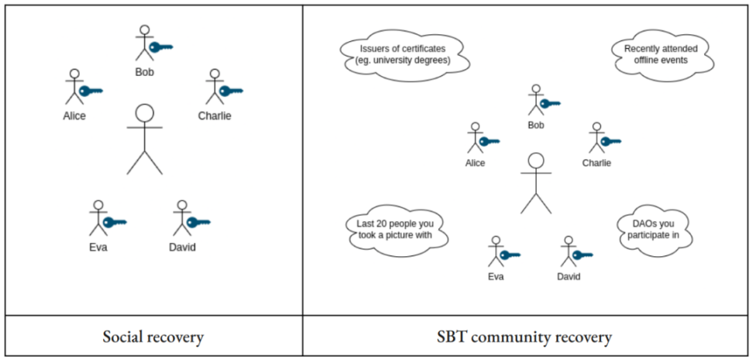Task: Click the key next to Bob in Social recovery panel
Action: click(x=160, y=47)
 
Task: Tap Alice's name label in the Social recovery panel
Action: click(x=74, y=116)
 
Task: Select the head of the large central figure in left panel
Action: click(x=144, y=113)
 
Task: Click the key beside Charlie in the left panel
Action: click(x=231, y=91)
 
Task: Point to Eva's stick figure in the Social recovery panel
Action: click(x=97, y=218)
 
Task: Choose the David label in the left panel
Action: click(x=182, y=248)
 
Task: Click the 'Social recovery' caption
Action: click(x=153, y=338)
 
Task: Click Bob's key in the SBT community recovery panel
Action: click(x=550, y=103)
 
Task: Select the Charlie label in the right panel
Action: click(x=597, y=163)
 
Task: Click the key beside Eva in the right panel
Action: click(x=510, y=255)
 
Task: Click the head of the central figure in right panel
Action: click(x=535, y=162)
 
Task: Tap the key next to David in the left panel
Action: click(x=198, y=222)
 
